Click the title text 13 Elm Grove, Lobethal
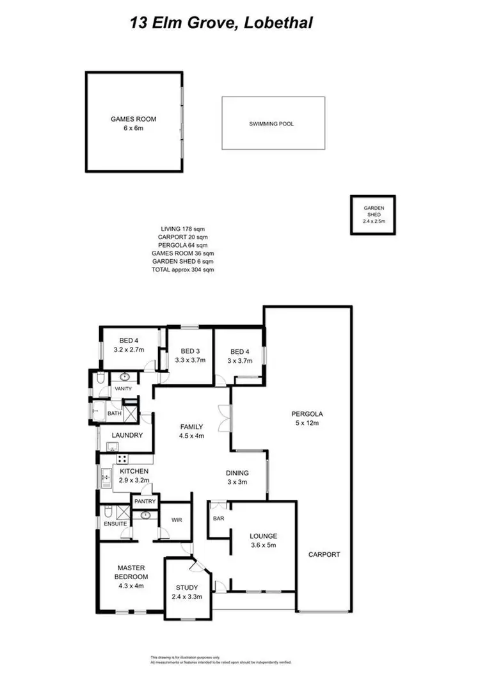(221, 24)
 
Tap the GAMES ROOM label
(134, 119)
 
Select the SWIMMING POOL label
(271, 124)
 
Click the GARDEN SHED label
(373, 212)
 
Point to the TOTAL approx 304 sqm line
(183, 269)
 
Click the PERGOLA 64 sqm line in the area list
(183, 244)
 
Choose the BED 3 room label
(189, 351)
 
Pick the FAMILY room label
(191, 427)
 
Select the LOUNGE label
(263, 536)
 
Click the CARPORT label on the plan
(324, 554)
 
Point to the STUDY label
(188, 587)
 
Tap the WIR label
(176, 520)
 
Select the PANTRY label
(145, 501)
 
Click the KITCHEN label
(134, 472)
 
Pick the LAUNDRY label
(126, 436)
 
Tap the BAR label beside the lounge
(218, 518)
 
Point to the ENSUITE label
(115, 523)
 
